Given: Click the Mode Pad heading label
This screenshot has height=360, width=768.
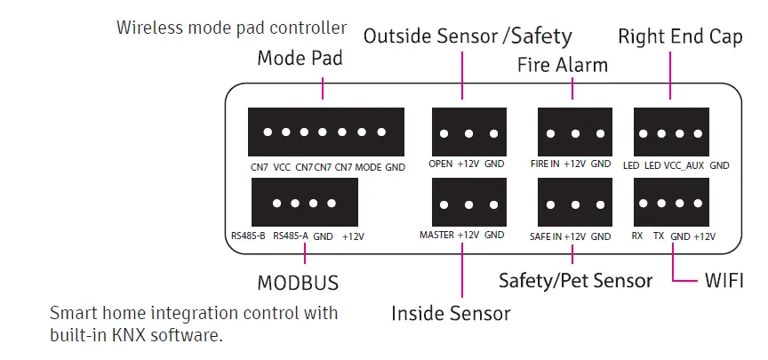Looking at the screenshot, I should click(300, 60).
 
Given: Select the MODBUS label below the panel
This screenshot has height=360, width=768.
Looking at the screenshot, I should click(298, 283).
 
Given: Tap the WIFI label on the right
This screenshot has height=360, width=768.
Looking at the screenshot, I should click(724, 281).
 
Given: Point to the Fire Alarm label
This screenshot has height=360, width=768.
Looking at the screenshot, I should click(563, 65).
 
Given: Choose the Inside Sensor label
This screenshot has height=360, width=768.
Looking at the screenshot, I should click(452, 313).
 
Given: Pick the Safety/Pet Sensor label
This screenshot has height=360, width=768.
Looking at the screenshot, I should click(575, 281).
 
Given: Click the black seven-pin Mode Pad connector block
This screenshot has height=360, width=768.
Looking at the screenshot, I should click(326, 132).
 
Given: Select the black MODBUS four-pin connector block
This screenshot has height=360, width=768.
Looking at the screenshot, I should click(305, 203).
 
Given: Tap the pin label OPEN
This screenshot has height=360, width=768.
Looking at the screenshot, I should click(440, 164).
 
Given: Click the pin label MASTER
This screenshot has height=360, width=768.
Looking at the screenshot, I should click(436, 236).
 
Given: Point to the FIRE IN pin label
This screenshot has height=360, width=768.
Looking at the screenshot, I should click(546, 164).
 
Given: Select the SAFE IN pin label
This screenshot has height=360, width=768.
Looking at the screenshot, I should click(545, 236).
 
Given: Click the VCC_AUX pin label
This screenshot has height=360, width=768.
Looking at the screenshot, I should click(684, 165).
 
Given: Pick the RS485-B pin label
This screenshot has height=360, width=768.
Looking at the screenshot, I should click(248, 236).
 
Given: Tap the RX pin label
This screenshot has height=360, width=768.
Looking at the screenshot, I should click(637, 236).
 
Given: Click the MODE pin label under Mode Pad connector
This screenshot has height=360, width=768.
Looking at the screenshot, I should click(369, 166).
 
